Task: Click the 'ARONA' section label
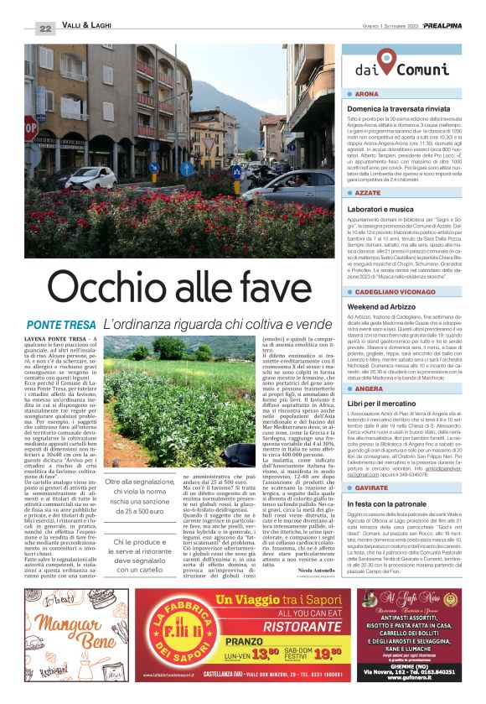[x=368, y=94]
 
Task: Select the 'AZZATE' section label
[x=369, y=192]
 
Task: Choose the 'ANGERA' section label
[x=369, y=389]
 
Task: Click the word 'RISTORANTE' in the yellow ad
[x=271, y=623]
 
